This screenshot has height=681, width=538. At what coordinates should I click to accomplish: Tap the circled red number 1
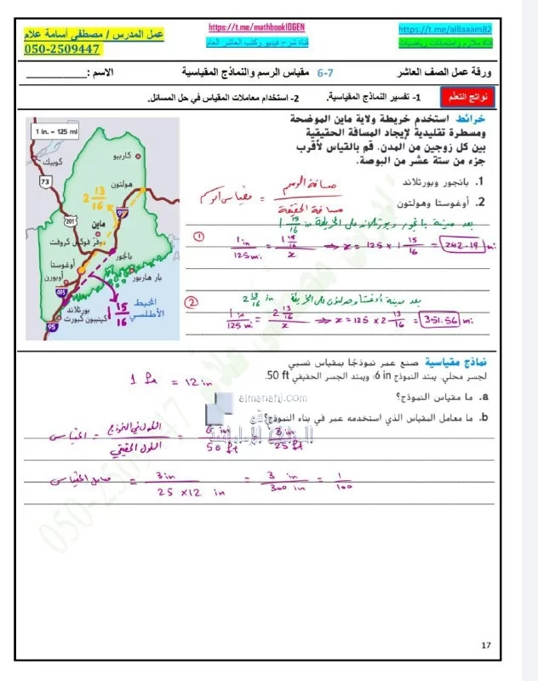pos(198,235)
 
